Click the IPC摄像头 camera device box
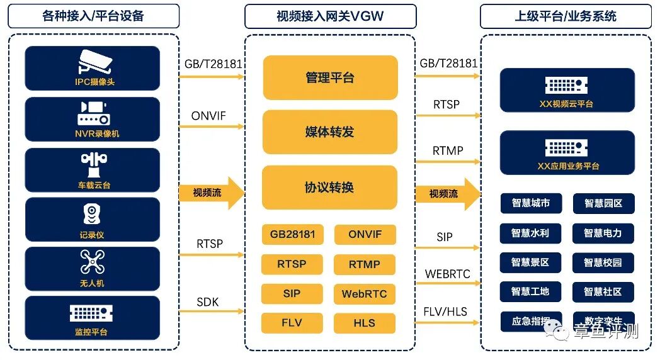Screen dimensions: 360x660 (x=93, y=68)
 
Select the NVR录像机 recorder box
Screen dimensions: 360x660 (x=93, y=119)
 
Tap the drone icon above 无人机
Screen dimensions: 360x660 (x=93, y=262)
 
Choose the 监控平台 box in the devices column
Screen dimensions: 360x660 (x=93, y=318)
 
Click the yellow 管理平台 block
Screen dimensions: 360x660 (x=330, y=77)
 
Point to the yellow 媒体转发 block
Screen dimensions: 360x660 (x=330, y=132)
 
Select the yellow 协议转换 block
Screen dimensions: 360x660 (x=330, y=188)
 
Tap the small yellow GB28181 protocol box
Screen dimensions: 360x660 (x=292, y=235)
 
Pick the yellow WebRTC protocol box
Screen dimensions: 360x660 (x=364, y=294)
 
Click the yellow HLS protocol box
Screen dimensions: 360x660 (x=364, y=323)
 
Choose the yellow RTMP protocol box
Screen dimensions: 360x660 (x=364, y=264)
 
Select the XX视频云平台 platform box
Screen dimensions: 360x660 (x=567, y=90)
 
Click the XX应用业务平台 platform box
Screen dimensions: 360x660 (x=567, y=152)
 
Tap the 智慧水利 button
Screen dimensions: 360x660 (x=530, y=233)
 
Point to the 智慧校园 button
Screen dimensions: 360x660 (x=603, y=262)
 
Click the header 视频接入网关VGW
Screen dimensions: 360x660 (x=330, y=16)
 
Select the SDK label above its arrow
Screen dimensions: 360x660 (x=207, y=302)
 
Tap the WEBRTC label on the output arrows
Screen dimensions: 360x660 (x=447, y=274)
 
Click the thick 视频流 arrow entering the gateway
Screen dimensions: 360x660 (x=211, y=193)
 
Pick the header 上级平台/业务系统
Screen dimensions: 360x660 (x=566, y=16)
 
